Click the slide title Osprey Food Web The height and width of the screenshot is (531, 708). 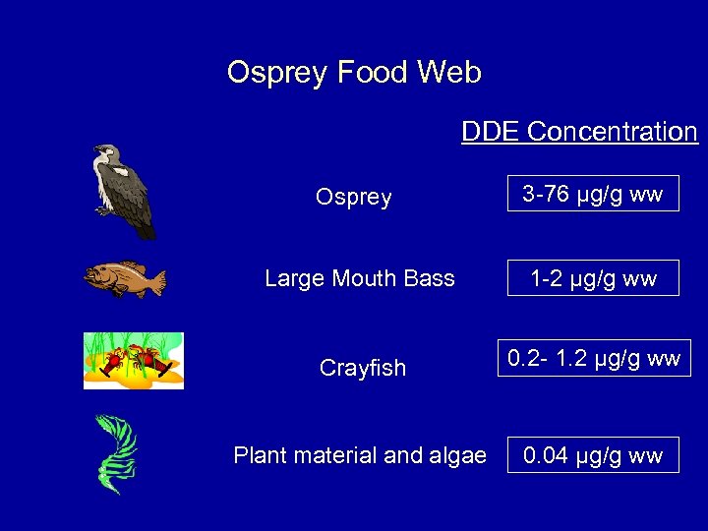[354, 73]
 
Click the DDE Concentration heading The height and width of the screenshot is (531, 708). [579, 132]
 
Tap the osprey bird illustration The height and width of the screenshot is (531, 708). [124, 191]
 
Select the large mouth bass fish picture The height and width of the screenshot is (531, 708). [125, 279]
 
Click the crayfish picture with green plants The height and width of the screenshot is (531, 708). [133, 361]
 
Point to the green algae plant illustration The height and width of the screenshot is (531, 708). [116, 453]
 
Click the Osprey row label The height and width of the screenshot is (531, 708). [353, 198]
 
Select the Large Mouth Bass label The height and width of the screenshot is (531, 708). [360, 279]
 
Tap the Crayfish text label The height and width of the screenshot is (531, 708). [363, 368]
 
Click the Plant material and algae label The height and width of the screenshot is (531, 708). [360, 455]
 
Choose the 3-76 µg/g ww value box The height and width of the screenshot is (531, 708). [593, 195]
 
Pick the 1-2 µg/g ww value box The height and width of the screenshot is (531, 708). [593, 278]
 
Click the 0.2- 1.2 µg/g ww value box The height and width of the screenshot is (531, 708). [594, 358]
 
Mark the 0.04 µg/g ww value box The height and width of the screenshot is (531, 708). [593, 455]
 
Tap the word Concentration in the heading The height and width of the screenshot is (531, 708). [613, 132]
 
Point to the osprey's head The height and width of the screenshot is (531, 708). [104, 154]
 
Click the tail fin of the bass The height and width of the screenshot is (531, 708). [156, 282]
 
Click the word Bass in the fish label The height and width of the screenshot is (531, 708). [431, 279]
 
